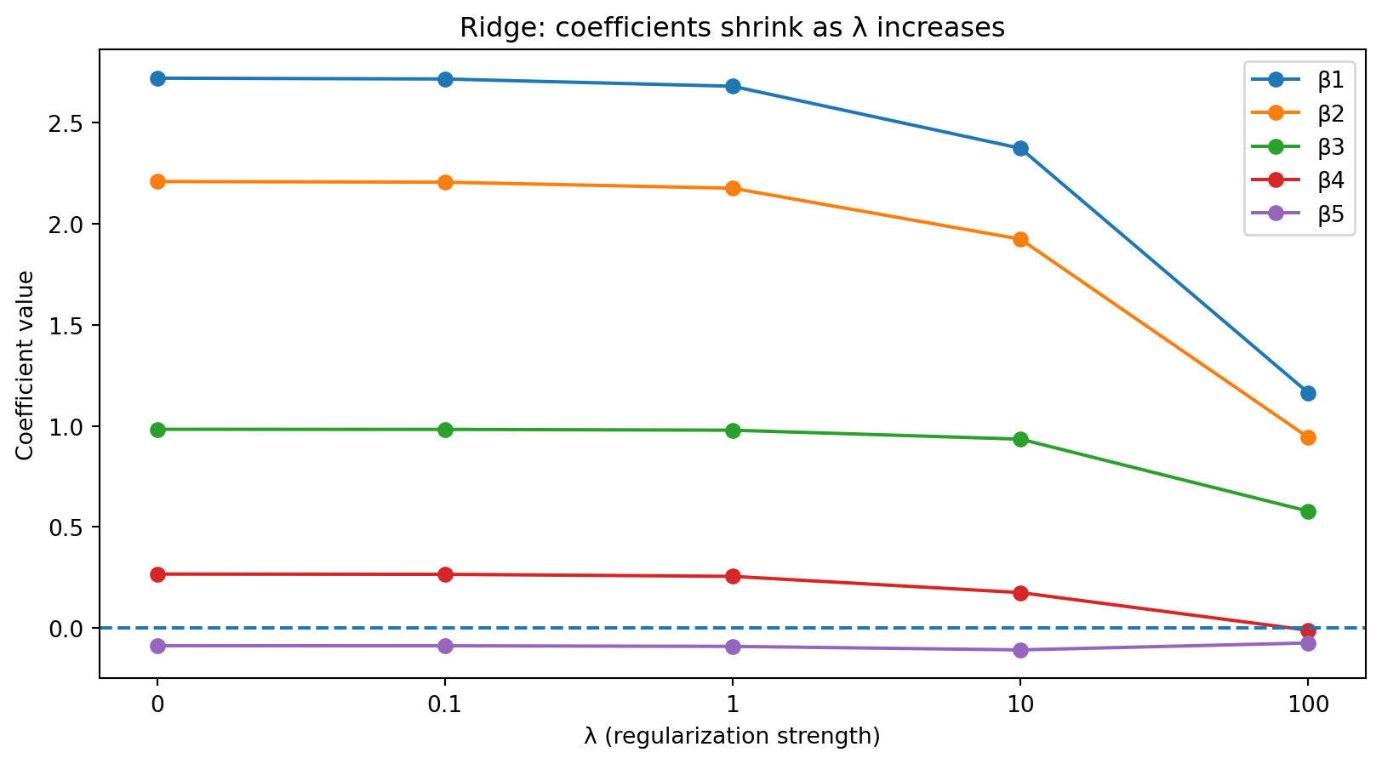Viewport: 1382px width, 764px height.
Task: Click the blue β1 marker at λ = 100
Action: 1308,393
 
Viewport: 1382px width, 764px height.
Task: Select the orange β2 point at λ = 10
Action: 1020,240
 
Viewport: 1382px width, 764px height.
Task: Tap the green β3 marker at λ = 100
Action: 1308,511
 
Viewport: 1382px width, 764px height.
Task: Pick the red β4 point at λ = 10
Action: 1020,593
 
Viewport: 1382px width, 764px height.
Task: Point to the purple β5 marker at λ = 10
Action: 1020,650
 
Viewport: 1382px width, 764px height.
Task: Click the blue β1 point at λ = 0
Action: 157,78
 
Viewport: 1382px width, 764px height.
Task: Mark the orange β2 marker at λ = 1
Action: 733,188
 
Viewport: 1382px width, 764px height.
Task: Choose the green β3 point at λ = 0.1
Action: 445,430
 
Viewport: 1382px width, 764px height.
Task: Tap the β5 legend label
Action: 1331,214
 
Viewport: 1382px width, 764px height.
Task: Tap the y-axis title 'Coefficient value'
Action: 26,365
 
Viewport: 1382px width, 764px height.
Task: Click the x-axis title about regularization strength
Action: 732,736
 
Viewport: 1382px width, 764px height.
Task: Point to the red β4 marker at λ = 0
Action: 157,574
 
